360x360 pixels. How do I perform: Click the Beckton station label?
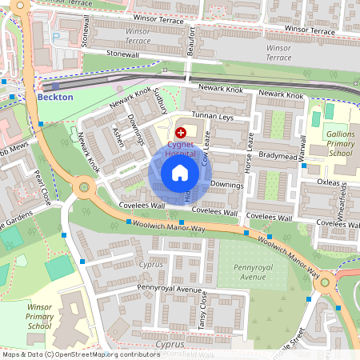[55, 97]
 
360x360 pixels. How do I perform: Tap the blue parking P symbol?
[55, 37]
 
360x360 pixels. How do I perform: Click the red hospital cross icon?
[181, 132]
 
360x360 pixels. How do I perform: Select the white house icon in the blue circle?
[180, 172]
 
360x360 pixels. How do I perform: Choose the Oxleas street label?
[328, 182]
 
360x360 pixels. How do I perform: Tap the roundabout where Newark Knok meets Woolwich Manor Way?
[82, 189]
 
